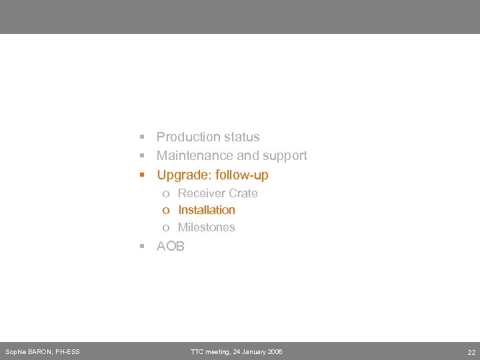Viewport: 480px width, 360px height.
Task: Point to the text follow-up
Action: point(242,175)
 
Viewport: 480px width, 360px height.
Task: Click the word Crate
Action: point(243,193)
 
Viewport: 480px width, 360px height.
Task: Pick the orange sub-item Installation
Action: point(207,210)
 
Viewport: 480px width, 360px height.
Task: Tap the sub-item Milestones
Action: point(207,227)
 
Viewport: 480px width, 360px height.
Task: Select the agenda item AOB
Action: point(171,246)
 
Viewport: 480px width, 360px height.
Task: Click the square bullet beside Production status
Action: point(142,137)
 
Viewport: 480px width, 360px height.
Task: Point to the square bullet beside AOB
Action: point(142,247)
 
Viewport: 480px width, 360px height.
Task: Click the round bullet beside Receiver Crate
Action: point(165,194)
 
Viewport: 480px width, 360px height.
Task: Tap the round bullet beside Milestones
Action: point(165,228)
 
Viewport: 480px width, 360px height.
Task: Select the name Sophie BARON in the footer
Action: point(27,351)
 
